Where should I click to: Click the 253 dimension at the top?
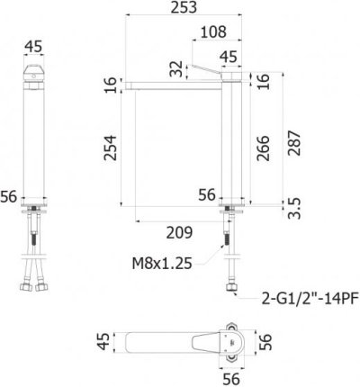pyautogui.click(x=188, y=8)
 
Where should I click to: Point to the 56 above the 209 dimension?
pyautogui.click(x=207, y=193)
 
